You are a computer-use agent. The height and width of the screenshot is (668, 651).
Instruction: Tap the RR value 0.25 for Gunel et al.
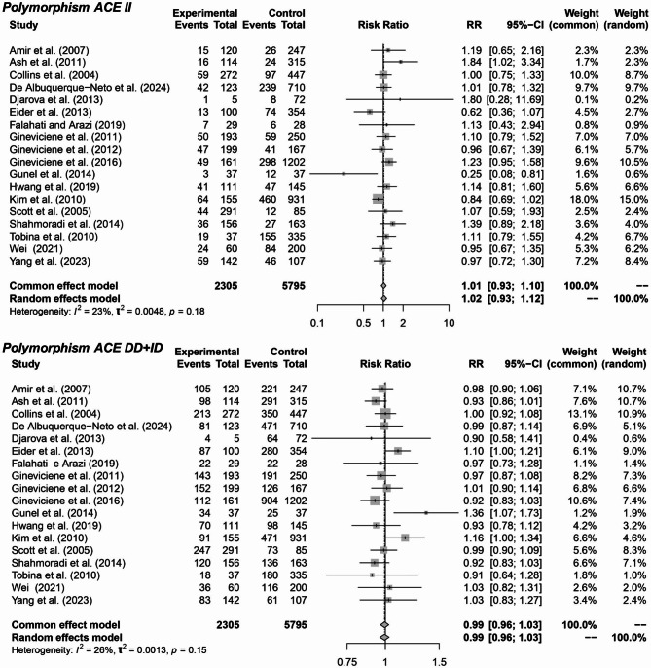(471, 200)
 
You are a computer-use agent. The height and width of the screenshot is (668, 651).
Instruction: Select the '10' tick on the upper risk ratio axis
(449, 319)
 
